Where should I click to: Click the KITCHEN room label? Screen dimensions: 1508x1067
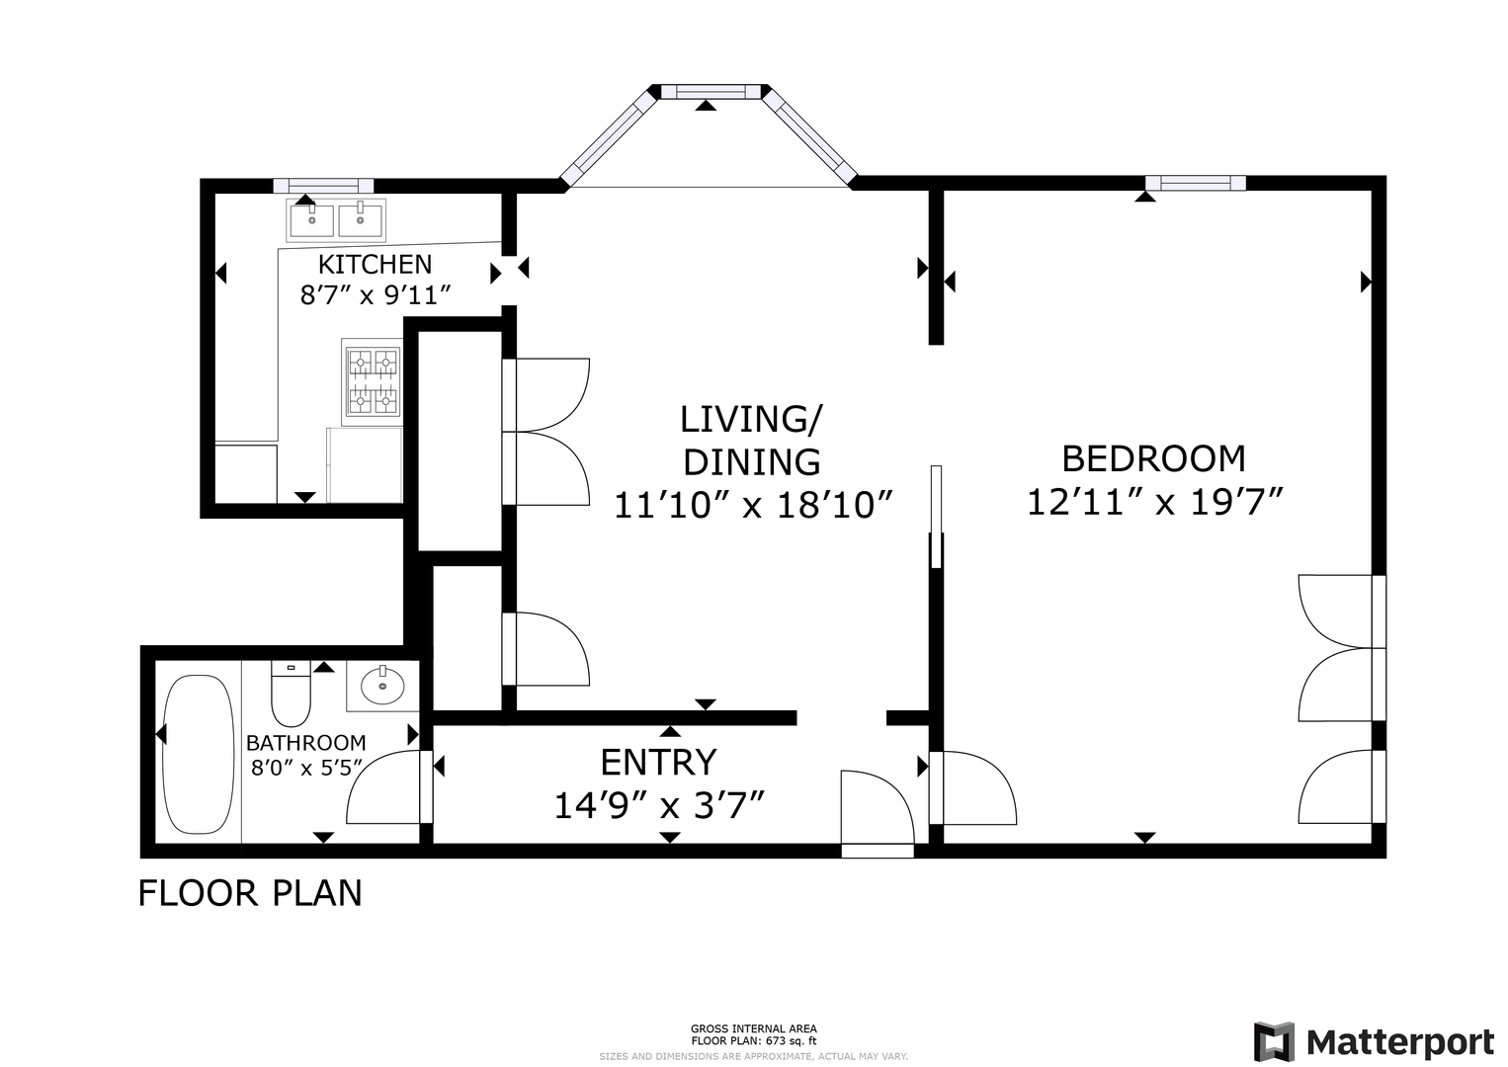[375, 265]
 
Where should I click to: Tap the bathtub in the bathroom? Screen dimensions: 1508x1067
[199, 754]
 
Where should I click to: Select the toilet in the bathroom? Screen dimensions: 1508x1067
[291, 693]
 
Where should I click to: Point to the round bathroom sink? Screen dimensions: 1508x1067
[382, 686]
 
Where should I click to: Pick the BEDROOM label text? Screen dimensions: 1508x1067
[1154, 459]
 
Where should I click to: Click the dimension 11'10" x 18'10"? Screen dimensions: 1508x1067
[753, 505]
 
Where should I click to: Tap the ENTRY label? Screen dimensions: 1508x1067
[658, 762]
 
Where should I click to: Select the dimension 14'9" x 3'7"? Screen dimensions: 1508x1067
[659, 805]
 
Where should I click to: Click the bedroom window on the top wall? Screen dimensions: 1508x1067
[1196, 183]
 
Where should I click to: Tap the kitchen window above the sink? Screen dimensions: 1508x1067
[323, 186]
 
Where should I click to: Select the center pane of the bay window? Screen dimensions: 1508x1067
[711, 92]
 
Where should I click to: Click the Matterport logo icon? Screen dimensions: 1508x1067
[1275, 1041]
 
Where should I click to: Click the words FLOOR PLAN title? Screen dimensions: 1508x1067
[250, 893]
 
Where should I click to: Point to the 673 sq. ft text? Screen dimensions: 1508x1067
[789, 1041]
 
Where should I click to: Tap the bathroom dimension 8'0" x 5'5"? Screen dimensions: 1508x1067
[306, 768]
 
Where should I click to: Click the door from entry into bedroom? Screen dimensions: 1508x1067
[972, 787]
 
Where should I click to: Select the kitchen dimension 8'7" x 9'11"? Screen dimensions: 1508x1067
[375, 294]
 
